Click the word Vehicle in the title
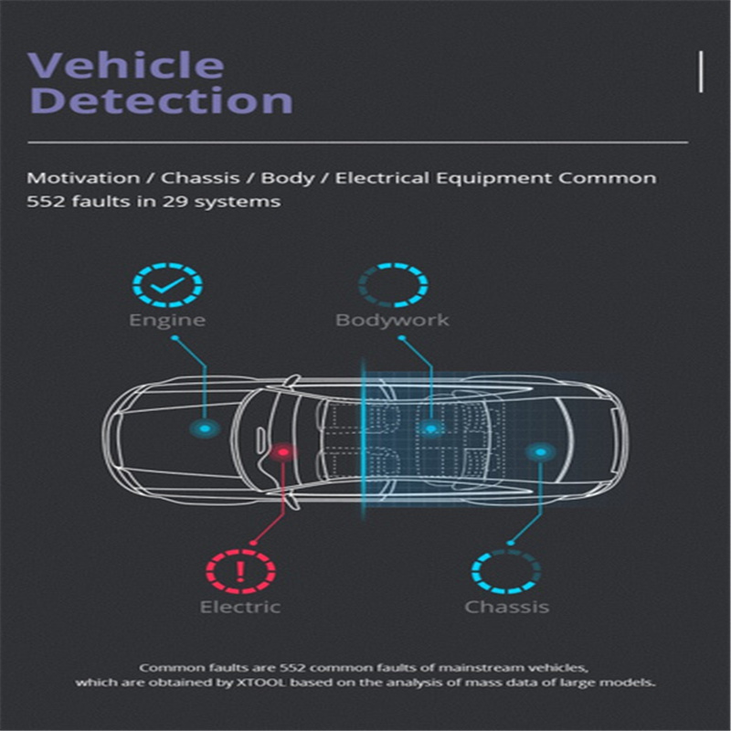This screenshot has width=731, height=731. point(126,64)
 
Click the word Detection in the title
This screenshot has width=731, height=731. point(162,100)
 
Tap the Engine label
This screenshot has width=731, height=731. point(167,321)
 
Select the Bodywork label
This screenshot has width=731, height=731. point(392,321)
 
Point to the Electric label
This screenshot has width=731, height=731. point(240,607)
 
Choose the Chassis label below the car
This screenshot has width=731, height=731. point(507,607)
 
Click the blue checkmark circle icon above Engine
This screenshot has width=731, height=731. point(167,285)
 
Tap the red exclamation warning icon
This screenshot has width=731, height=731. point(240,571)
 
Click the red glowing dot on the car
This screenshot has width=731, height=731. point(283,451)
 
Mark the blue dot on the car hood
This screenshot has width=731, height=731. point(205,429)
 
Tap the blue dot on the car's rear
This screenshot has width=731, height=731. point(540,451)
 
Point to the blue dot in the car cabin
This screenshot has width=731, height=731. point(431,428)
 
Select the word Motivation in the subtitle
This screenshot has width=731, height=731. point(83,177)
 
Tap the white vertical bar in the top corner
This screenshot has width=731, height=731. point(701,72)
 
